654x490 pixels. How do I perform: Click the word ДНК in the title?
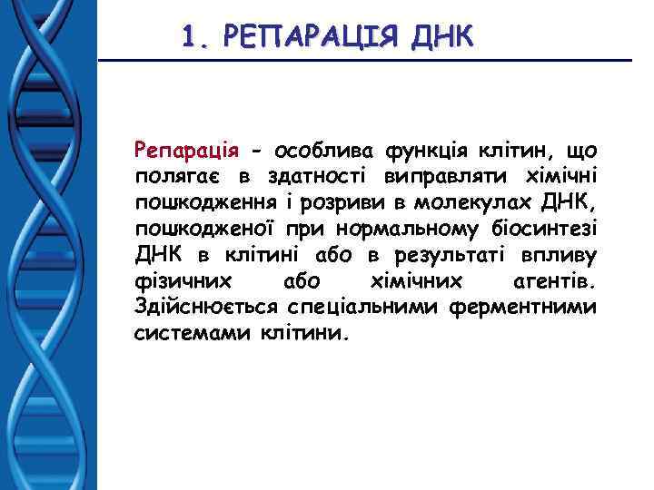click(441, 36)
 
